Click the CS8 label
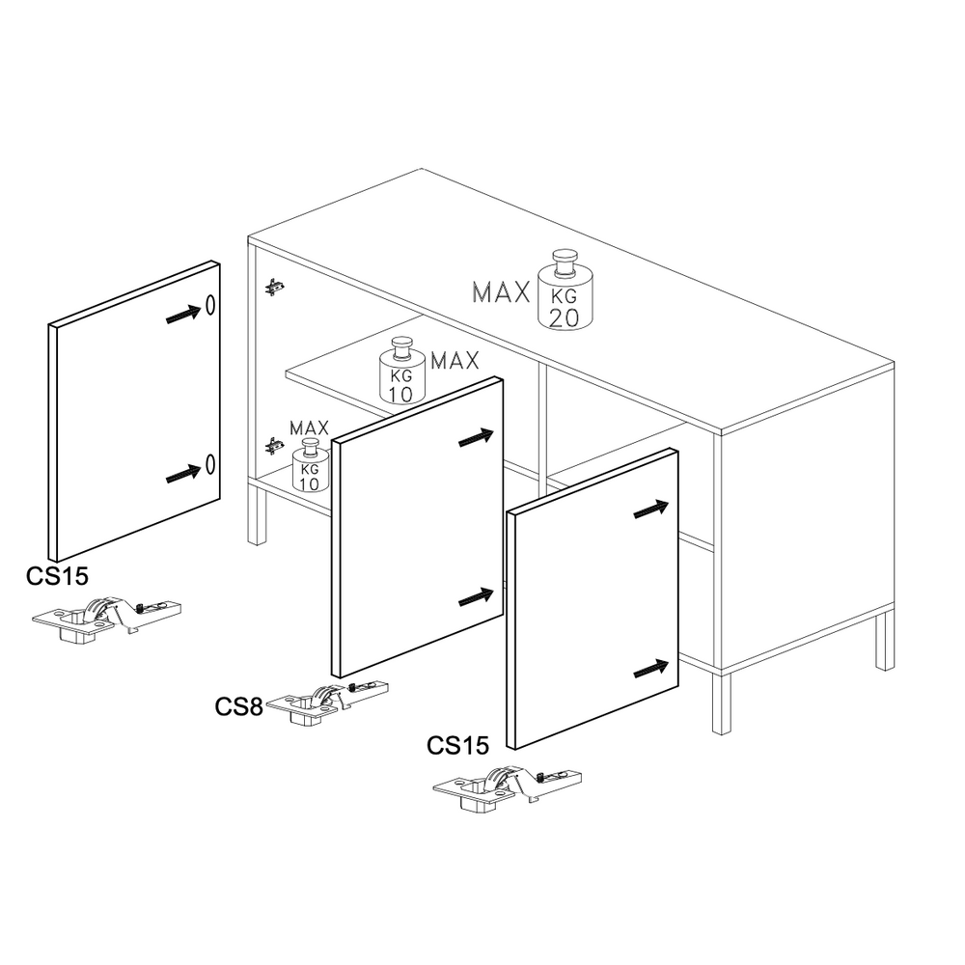[238, 706]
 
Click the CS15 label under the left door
[57, 576]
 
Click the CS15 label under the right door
[457, 745]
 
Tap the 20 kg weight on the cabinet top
[565, 289]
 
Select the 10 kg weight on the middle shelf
[401, 372]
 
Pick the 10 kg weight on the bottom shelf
[310, 466]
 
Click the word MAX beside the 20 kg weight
[501, 292]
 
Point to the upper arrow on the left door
[183, 315]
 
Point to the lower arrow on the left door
[183, 474]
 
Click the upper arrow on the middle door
[477, 437]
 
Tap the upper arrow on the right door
[651, 509]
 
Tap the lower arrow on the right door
[651, 669]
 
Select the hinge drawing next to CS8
[327, 702]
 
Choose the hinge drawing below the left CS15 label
[106, 618]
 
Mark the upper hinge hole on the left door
[210, 305]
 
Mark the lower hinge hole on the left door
[210, 464]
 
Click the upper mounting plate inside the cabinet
[274, 287]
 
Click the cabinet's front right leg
[721, 703]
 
